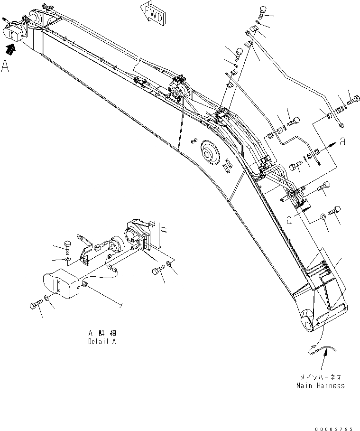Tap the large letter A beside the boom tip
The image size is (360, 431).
click(6, 66)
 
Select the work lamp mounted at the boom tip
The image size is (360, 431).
click(13, 31)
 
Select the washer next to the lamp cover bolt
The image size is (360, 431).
click(46, 299)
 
